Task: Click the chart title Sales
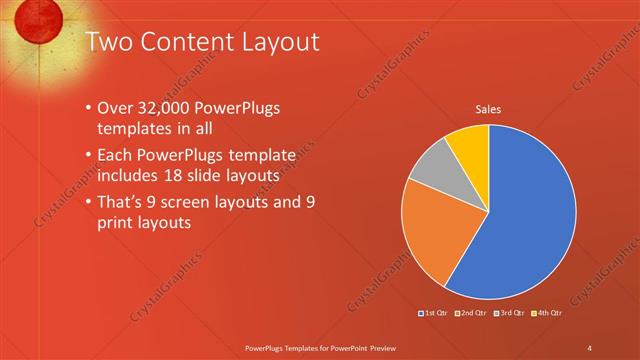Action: [488, 109]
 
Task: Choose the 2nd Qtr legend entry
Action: [471, 314]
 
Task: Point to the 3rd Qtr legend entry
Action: [509, 314]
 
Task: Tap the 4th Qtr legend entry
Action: [547, 314]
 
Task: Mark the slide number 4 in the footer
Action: [590, 347]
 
